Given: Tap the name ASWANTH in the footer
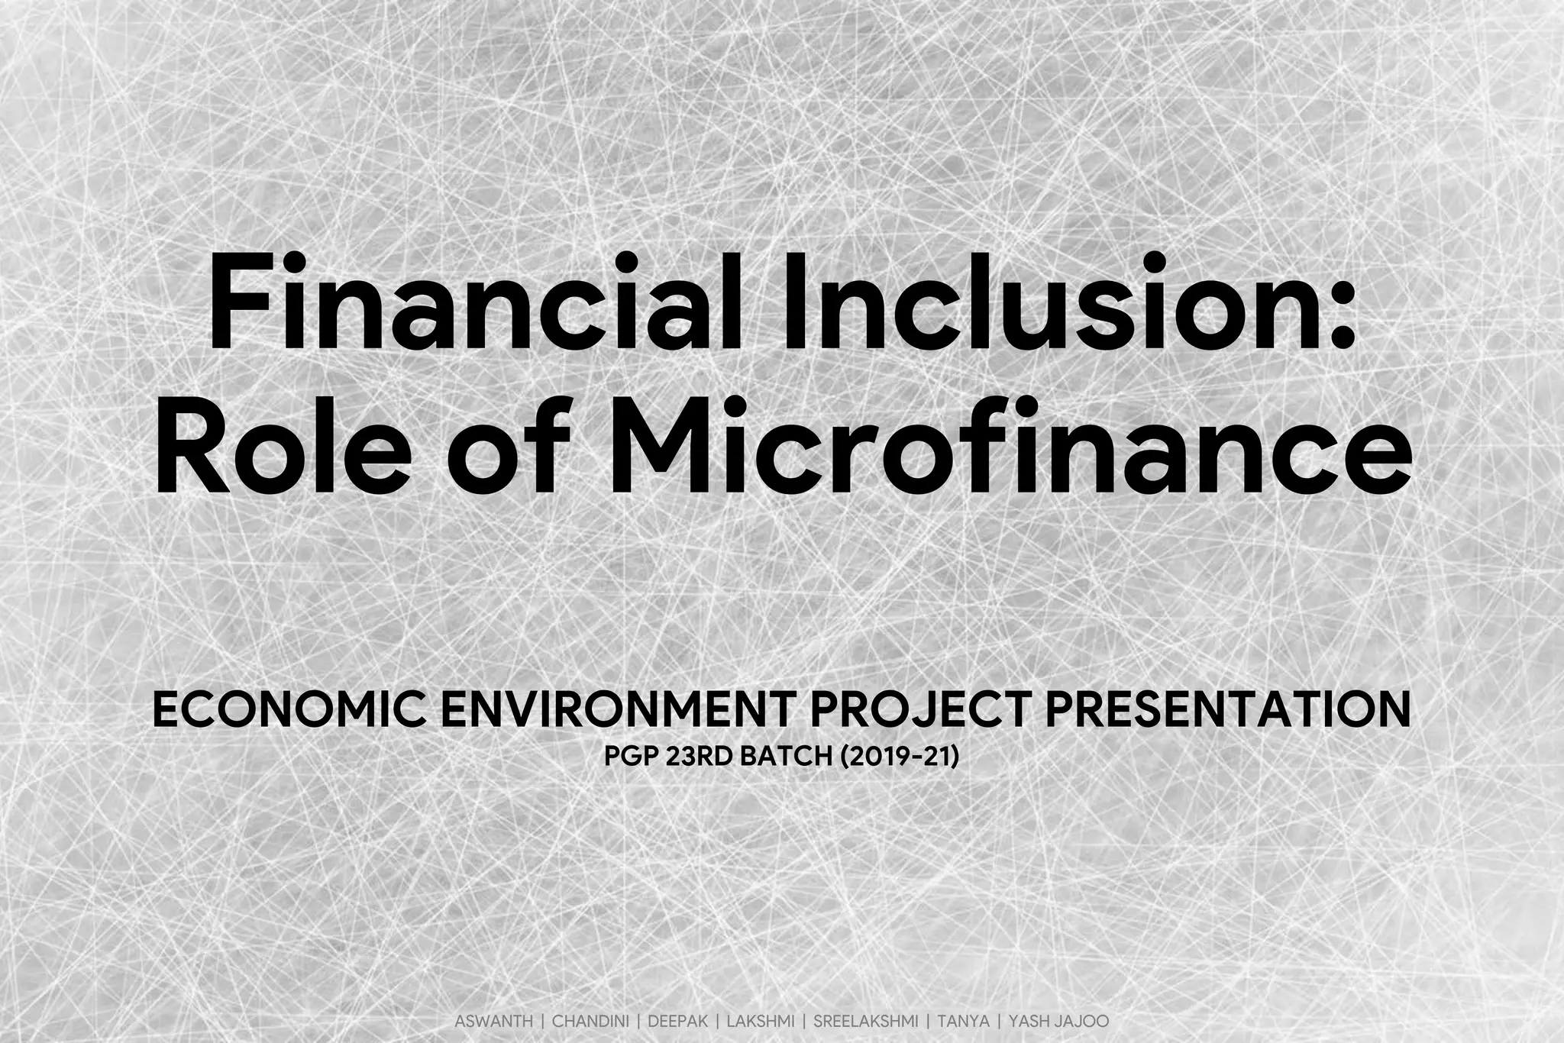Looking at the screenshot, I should point(493,1021).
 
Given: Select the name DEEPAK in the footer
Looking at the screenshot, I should point(678,1021).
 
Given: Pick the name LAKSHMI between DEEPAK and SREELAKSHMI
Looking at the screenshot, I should point(761,1021).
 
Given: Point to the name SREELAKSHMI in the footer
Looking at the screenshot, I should point(865,1021).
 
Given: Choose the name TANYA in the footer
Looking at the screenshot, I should point(963,1021).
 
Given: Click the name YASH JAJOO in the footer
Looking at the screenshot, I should point(1058,1021).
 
